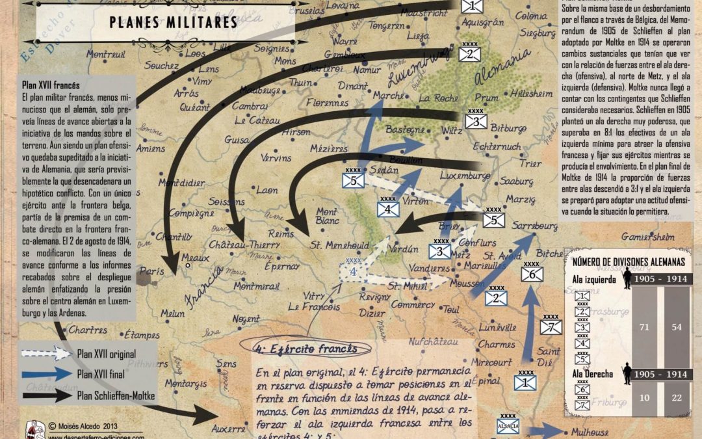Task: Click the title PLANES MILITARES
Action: click(x=172, y=22)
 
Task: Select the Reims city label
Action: click(x=281, y=233)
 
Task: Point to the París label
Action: click(x=153, y=271)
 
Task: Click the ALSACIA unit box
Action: click(x=508, y=425)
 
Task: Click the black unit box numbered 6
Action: click(x=532, y=274)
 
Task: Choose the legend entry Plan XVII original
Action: click(x=107, y=354)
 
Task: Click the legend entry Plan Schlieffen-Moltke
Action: click(x=116, y=394)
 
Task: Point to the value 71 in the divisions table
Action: click(x=644, y=327)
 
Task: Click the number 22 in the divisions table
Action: click(x=677, y=398)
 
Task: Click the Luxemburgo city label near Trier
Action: click(x=465, y=176)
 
